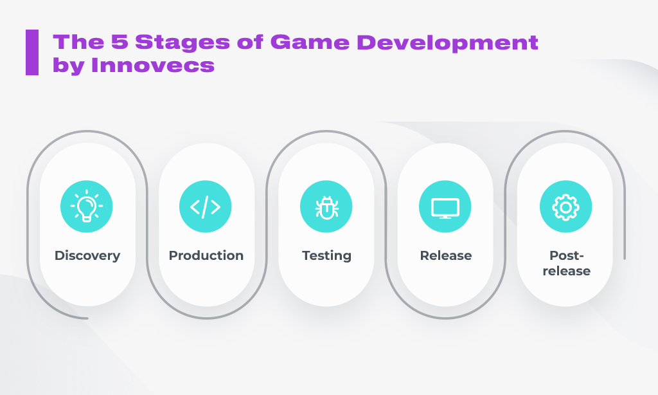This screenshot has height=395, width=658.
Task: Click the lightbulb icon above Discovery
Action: coord(87,206)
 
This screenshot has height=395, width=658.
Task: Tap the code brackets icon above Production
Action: coord(205,207)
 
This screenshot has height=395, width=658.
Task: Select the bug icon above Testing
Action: coord(326,207)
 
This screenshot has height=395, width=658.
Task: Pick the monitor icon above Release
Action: coord(445,208)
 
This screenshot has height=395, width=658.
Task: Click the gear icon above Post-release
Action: coord(565,207)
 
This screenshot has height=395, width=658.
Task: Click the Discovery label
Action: coord(87,255)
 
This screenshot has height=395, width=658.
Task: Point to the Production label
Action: coord(206,255)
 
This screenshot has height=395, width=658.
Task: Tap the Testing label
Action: coord(326,255)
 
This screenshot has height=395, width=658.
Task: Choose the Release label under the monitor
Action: coord(446,255)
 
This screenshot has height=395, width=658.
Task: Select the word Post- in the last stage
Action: coord(567,255)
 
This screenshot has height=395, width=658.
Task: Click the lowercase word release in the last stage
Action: coord(567,271)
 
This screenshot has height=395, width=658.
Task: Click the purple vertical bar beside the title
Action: coord(32,53)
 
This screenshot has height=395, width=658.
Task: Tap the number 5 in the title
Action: coord(119,42)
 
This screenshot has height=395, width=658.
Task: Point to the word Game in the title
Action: coord(310,42)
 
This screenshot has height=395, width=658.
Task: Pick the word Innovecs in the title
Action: coord(153,65)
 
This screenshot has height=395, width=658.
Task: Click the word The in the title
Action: coord(78,42)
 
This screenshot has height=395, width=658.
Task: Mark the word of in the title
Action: coord(251,42)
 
